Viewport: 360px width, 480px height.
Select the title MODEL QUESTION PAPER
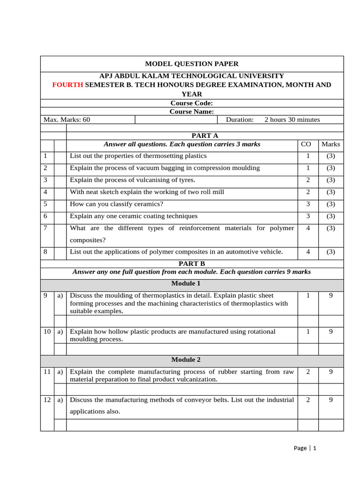[x=192, y=64]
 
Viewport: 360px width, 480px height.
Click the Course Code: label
[x=192, y=103]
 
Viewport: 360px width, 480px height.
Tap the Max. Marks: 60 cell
[x=67, y=120]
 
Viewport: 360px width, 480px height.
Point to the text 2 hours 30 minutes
[x=292, y=120]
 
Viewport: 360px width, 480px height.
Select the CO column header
[x=307, y=144]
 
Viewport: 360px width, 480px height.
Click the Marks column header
[x=330, y=144]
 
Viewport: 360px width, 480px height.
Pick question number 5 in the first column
[x=45, y=204]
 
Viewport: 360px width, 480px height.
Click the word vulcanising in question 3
[x=158, y=180]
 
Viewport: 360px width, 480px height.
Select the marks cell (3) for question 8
[x=330, y=252]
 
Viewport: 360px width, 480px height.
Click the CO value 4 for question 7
[x=307, y=228]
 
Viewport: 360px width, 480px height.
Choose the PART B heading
[x=192, y=264]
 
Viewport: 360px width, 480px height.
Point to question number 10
[x=47, y=331]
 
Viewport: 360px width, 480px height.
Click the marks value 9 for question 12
[x=330, y=400]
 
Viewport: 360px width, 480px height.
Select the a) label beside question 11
[x=60, y=372]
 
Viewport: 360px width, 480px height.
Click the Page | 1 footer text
[x=305, y=448]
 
